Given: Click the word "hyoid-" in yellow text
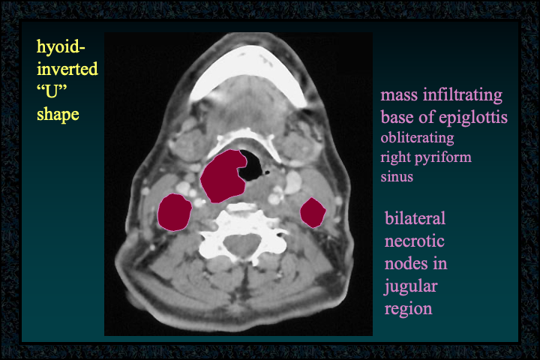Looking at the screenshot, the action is [x=61, y=47].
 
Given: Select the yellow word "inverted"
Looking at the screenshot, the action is [x=67, y=69].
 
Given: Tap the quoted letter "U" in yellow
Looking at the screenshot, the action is [x=52, y=91].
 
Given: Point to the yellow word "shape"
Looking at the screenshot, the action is [x=58, y=115].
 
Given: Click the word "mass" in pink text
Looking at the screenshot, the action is [x=400, y=95].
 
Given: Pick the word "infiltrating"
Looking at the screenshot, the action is [x=463, y=95].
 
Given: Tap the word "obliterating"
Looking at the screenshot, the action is [x=417, y=138].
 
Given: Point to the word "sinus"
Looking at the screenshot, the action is [x=397, y=177].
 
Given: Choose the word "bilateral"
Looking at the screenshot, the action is [x=415, y=218].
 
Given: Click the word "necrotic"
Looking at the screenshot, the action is [x=414, y=241].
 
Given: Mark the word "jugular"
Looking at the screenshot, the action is [x=411, y=286].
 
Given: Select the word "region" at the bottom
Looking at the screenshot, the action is [x=408, y=309].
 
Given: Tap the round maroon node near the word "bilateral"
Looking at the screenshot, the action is [x=175, y=212].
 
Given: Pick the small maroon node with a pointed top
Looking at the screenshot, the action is [x=313, y=212].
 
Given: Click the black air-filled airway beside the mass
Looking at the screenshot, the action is [x=253, y=165].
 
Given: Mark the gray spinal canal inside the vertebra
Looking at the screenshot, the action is [x=241, y=244].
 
